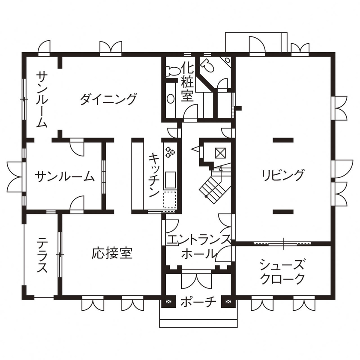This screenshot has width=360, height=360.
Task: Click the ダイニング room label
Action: pos(108,99)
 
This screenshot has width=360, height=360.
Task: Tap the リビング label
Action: pos(283,175)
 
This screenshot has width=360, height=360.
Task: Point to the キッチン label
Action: pos(154,175)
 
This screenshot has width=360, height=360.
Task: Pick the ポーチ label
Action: pos(198,302)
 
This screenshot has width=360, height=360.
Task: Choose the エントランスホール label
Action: pos(198,247)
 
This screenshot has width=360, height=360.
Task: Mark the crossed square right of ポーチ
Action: pos(227,302)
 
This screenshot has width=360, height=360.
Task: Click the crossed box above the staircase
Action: pos(220,153)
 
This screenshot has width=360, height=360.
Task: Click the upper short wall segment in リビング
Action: pos(283,139)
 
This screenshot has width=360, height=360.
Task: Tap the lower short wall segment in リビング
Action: pos(283,210)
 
